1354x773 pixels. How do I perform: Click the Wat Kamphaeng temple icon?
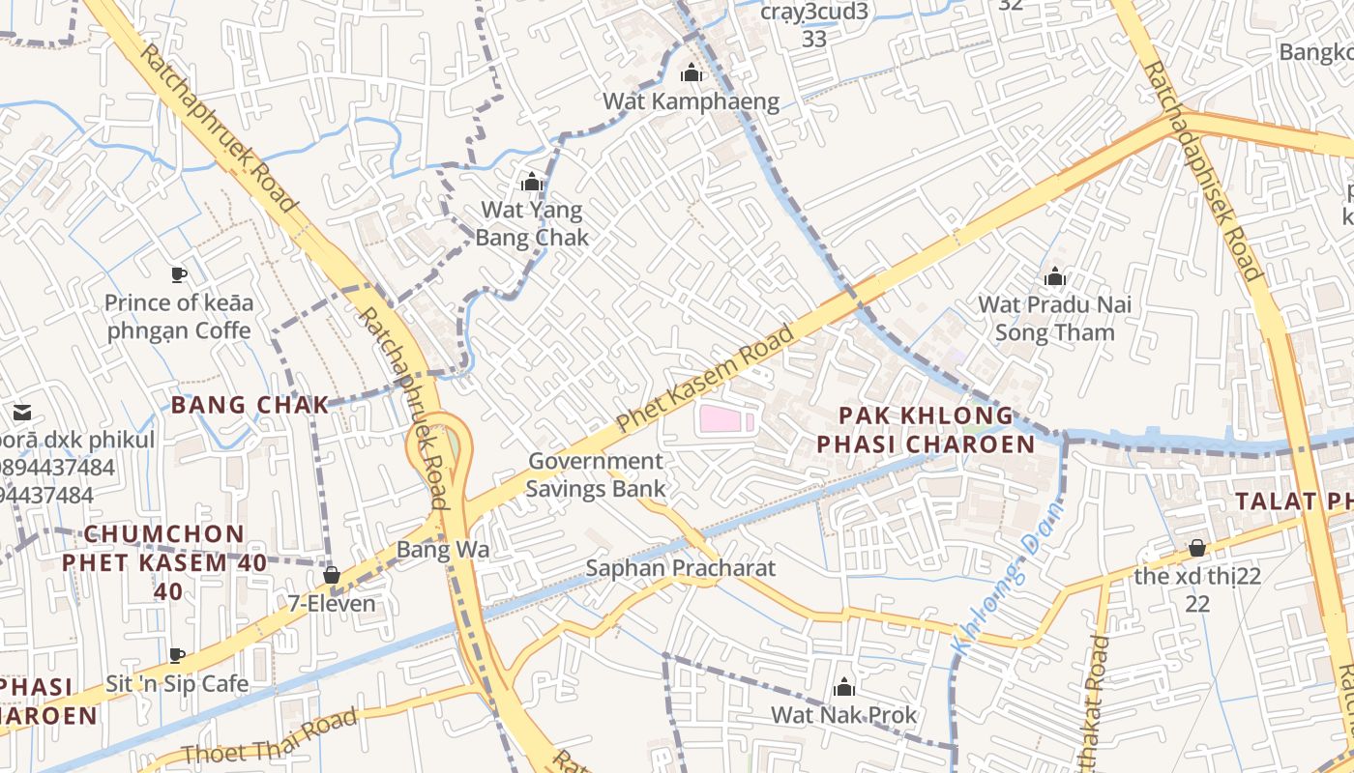(x=691, y=72)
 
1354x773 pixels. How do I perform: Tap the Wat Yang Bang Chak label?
(x=532, y=223)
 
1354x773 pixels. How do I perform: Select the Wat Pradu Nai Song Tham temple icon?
(x=1055, y=277)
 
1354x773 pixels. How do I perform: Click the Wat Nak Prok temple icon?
(x=844, y=687)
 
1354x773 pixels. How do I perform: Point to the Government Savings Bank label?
(x=596, y=474)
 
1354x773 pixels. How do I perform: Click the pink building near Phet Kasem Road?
(x=724, y=419)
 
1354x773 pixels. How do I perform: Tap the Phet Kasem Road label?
(x=705, y=379)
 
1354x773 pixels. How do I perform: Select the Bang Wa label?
(x=442, y=550)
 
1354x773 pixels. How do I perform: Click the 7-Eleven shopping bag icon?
(x=332, y=576)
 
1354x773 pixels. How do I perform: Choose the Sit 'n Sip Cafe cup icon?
(x=177, y=656)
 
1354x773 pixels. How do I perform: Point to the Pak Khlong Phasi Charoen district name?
(x=926, y=430)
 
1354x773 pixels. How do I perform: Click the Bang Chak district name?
(x=250, y=405)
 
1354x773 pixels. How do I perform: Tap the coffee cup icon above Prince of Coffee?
(x=179, y=274)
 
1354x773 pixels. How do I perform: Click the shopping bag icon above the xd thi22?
(x=1197, y=548)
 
